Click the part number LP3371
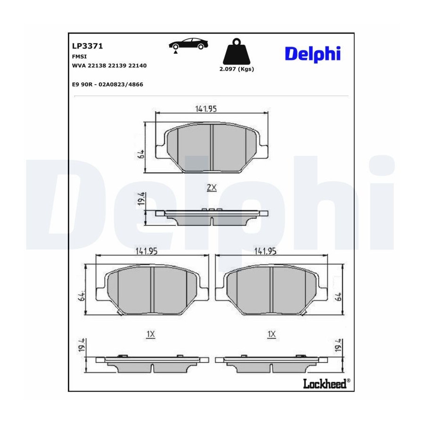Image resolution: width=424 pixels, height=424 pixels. point(87,46)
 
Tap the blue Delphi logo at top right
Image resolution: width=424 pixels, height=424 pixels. point(313,54)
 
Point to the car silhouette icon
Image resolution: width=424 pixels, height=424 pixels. point(188,44)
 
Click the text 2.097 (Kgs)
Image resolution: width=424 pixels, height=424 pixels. point(236,69)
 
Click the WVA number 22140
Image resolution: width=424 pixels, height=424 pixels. point(138,65)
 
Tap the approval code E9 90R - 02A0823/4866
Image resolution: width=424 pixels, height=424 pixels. point(107,84)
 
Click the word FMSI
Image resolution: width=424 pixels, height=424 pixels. point(79,57)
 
